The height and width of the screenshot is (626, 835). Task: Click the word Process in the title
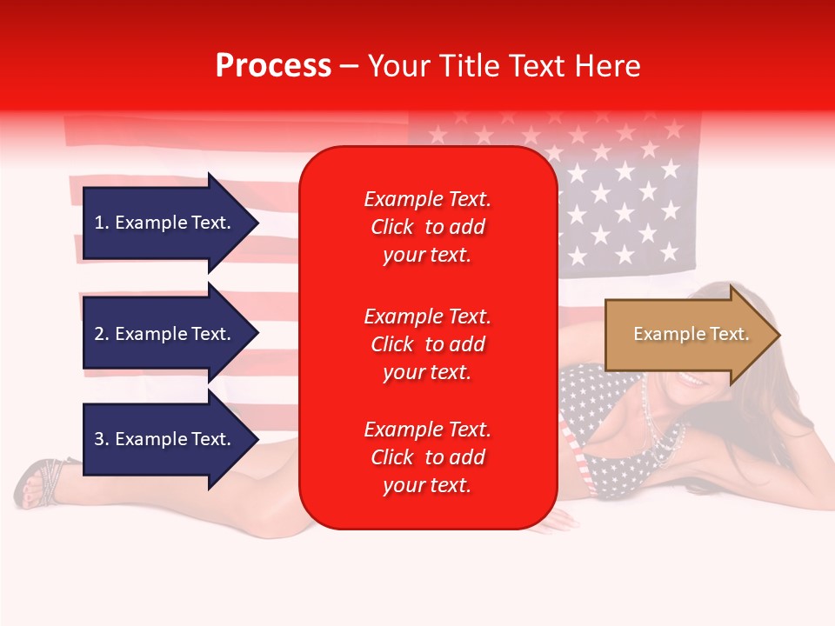pos(273,66)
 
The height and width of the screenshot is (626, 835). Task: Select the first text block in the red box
pos(427,227)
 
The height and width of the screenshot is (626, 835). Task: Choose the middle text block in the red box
pos(427,344)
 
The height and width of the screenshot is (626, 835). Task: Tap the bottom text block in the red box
pos(427,457)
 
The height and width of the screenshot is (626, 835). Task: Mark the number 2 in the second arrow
pos(99,334)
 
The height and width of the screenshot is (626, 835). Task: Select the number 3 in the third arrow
pos(99,439)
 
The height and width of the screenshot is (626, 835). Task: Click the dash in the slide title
pos(349,67)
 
